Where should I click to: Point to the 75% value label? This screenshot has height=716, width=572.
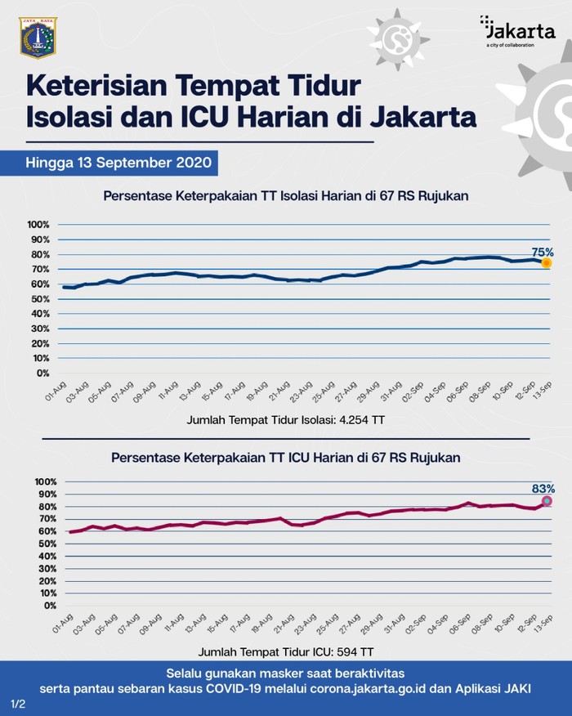point(543,252)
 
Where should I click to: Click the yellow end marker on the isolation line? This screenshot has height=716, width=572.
point(546,263)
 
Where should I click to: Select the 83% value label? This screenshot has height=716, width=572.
point(543,488)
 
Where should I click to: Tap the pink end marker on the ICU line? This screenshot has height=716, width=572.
point(547,500)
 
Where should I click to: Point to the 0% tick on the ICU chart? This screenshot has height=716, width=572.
point(46,606)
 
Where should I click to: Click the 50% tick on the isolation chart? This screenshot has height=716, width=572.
point(40,299)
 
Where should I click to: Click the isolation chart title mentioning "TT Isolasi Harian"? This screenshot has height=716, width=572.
point(285,196)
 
